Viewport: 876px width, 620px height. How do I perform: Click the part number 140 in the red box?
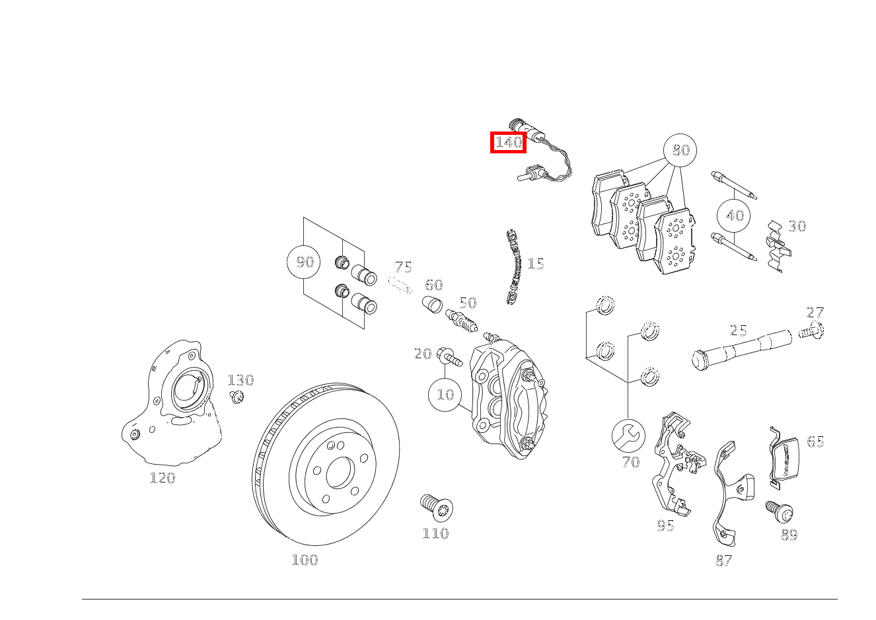click(508, 142)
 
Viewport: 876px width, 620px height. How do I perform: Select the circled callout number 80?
click(680, 151)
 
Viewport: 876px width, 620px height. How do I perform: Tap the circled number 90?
click(304, 262)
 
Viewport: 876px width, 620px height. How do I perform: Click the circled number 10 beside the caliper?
click(446, 395)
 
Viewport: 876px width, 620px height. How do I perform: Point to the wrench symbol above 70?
click(628, 435)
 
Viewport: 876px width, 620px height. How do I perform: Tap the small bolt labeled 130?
click(238, 397)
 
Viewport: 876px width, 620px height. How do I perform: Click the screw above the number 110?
click(437, 508)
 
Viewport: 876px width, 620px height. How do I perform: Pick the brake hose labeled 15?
click(513, 268)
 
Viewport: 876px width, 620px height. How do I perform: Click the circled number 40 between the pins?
click(735, 215)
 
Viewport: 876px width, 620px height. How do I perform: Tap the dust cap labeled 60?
click(431, 306)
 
